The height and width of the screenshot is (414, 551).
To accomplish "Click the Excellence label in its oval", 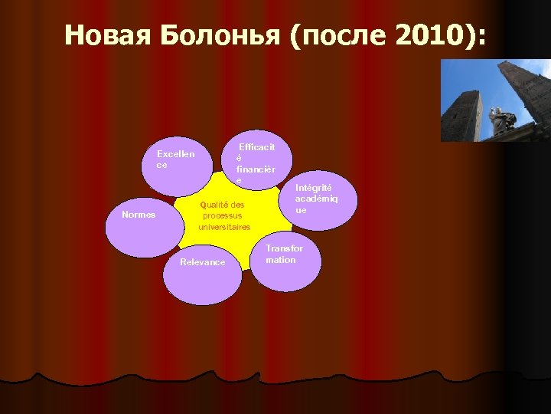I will pos(175,159).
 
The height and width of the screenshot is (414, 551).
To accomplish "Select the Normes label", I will pos(139,215).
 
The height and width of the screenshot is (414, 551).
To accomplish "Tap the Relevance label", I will pos(202,262).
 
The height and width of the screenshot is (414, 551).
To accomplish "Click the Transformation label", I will pos(284,254).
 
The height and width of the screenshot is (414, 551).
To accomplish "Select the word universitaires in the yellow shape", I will pos(224,228).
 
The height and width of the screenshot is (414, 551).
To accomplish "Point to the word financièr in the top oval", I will pos(256,168).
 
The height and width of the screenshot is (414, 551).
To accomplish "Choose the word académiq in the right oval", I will pos(315,199).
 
